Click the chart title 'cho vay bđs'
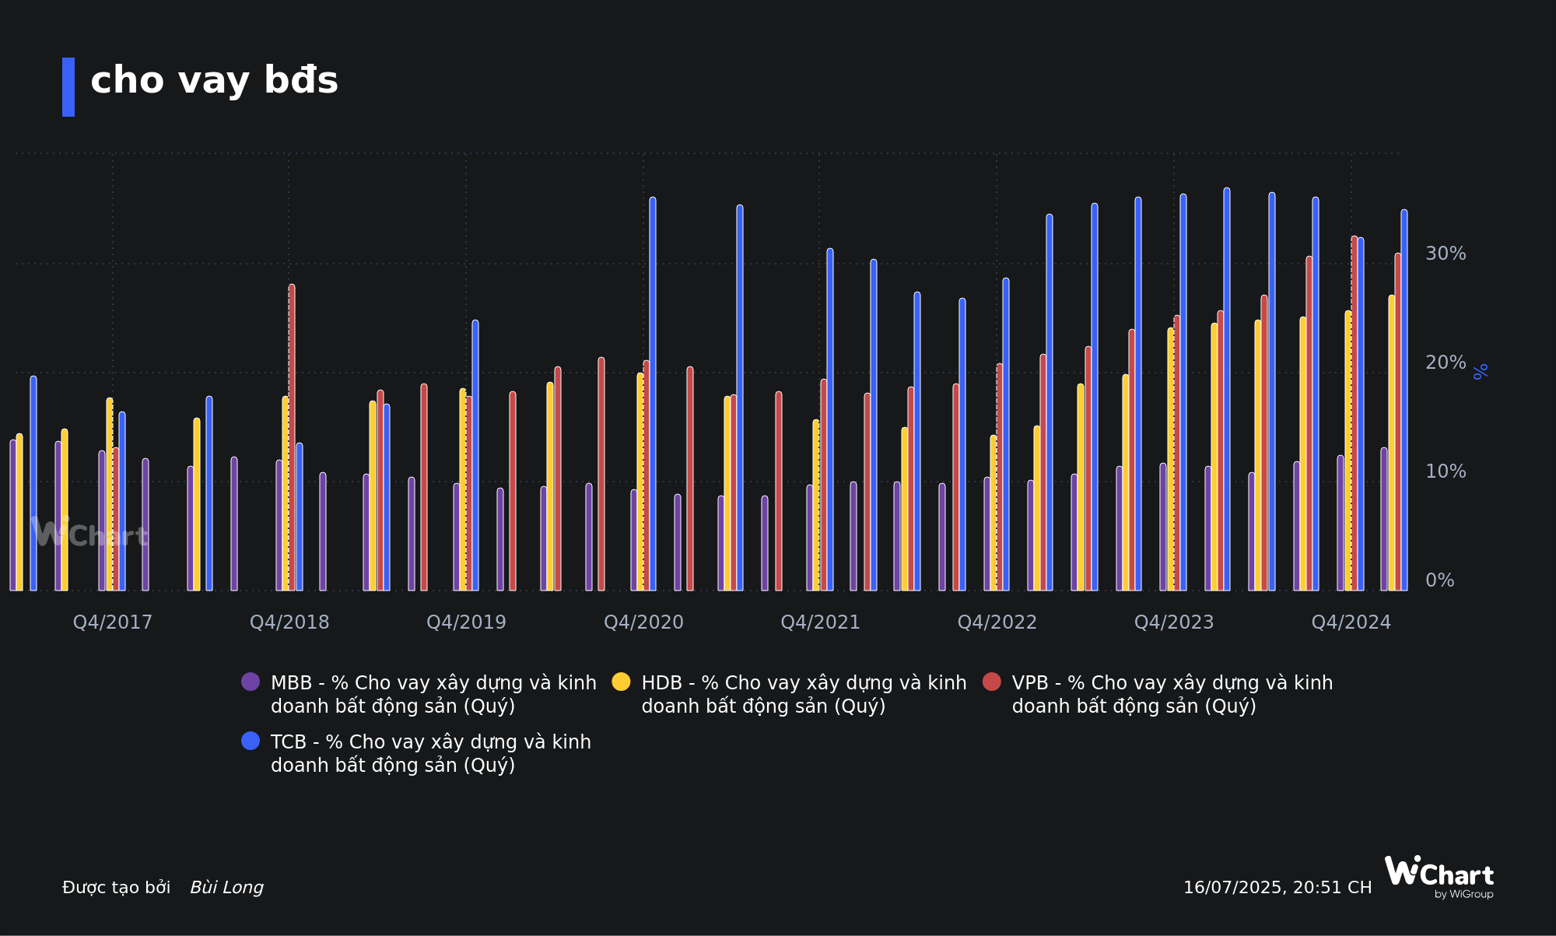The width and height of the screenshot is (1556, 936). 214,81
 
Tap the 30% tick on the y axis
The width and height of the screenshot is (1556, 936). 1445,254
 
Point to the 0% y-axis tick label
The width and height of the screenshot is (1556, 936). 1439,580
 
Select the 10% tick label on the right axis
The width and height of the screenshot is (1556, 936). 1445,472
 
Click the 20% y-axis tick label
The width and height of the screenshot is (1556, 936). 1445,363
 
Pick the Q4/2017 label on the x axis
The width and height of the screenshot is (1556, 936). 113,622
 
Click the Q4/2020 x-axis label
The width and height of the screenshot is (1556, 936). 643,622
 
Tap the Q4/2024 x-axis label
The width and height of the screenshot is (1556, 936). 1351,622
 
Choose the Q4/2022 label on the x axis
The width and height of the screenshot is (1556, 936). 997,622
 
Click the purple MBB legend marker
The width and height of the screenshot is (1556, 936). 251,682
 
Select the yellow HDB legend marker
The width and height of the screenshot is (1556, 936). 621,682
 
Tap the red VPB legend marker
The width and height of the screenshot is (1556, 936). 991,682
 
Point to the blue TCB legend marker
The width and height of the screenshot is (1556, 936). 251,741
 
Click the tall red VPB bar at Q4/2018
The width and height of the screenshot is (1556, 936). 292,436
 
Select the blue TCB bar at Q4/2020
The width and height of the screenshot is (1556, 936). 653,389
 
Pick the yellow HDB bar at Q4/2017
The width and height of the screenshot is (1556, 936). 110,494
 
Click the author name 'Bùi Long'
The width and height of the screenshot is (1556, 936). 226,888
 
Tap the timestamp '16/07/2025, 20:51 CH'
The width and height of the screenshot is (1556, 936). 1277,888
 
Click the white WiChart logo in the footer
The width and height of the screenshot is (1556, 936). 1439,876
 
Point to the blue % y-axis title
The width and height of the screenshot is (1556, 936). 1481,371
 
